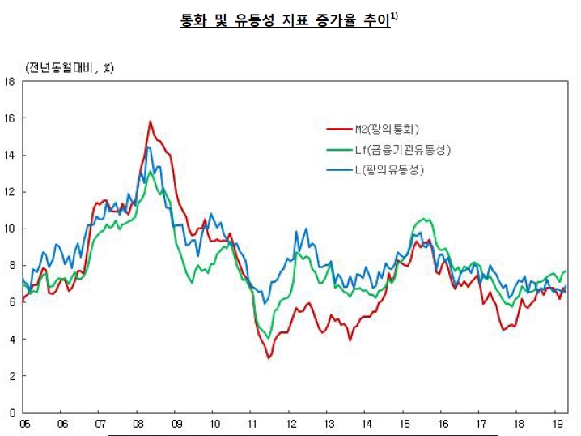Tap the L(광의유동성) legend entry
[x=389, y=170]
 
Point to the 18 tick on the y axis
[x=10, y=81]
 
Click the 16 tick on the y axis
[x=10, y=118]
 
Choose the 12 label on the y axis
[x=10, y=192]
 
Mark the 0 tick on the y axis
[x=12, y=412]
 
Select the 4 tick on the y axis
[x=12, y=340]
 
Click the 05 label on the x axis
[x=24, y=424]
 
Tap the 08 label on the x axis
[x=138, y=424]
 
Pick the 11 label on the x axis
[x=252, y=424]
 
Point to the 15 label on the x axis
[x=404, y=424]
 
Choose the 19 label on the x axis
[x=557, y=424]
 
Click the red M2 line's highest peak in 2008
[x=150, y=122]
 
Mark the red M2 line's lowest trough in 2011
[x=269, y=357]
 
